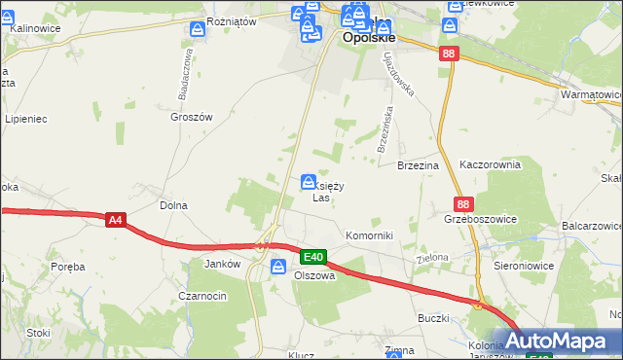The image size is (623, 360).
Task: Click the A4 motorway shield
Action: click(116, 221)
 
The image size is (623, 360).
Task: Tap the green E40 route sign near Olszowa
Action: click(312, 257)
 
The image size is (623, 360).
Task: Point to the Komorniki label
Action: click(369, 236)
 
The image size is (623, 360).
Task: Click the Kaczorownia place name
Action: click(491, 166)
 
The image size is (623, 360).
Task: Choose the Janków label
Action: click(222, 264)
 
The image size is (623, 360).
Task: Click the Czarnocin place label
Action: click(202, 296)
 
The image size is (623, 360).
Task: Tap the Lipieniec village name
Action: click(26, 120)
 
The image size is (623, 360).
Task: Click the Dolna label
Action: click(173, 206)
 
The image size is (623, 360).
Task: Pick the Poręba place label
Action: click(68, 267)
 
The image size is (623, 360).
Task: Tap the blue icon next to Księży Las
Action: click(309, 182)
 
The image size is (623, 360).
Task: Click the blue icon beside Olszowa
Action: click(278, 266)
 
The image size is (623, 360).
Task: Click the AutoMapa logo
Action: click(557, 342)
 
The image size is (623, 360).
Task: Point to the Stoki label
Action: click(39, 332)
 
